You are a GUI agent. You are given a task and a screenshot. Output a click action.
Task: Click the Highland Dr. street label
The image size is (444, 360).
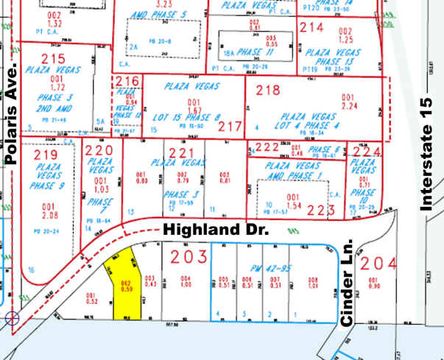click(x=214, y=230)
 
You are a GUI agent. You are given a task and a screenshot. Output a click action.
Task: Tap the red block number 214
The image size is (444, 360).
click(x=311, y=28)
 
